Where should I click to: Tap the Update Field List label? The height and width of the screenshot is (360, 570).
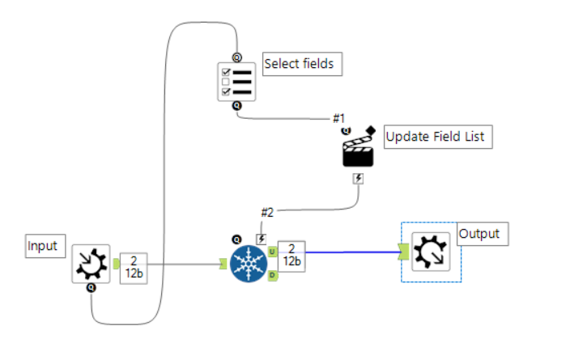(438, 137)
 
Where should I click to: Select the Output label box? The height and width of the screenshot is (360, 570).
(479, 235)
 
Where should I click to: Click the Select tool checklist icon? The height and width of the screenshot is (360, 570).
(236, 81)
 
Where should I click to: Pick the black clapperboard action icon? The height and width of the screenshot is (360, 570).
(358, 150)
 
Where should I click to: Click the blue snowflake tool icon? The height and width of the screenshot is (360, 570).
(249, 264)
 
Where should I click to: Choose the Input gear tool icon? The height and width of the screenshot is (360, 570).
(90, 263)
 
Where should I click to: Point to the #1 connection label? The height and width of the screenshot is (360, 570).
(339, 118)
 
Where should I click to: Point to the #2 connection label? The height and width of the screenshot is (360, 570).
(266, 213)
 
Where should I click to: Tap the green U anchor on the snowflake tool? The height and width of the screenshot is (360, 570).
(272, 252)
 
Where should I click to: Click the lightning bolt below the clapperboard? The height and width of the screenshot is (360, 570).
(359, 178)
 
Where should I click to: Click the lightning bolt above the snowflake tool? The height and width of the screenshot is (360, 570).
(261, 239)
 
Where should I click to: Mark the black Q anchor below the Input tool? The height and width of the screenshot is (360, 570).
(91, 286)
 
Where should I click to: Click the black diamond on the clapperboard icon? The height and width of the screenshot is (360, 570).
(370, 129)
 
